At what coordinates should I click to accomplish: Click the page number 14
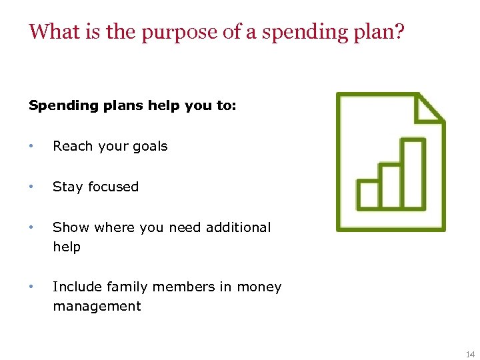(x=470, y=355)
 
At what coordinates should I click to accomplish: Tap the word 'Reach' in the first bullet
(x=72, y=147)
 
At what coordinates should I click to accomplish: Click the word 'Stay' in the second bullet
(x=67, y=187)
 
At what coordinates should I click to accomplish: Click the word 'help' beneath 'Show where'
(x=67, y=247)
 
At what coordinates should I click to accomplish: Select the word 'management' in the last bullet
(x=97, y=307)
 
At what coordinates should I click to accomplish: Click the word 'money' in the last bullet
(x=259, y=287)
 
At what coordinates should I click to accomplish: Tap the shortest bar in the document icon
(x=367, y=194)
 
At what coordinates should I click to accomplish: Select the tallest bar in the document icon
(x=413, y=174)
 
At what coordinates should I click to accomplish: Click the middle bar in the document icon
(x=390, y=185)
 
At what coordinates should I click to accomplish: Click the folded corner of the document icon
(x=429, y=109)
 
